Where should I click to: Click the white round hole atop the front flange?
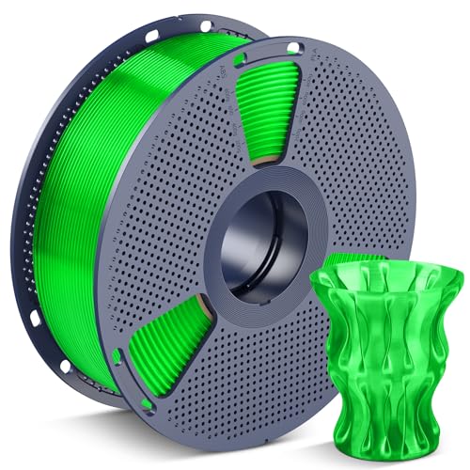click(x=293, y=47)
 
